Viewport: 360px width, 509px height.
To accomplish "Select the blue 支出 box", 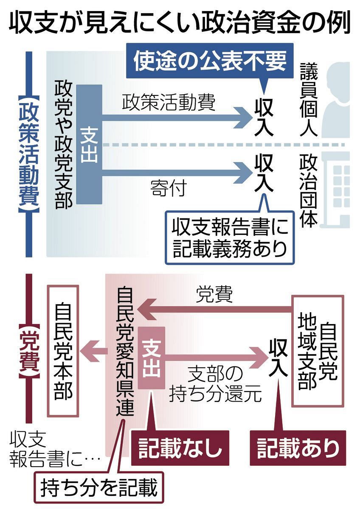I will (x=90, y=144).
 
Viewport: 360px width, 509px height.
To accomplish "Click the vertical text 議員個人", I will (x=309, y=100).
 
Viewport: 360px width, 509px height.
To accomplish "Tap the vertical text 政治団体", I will (x=309, y=191).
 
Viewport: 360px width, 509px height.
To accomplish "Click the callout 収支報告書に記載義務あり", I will (x=230, y=238).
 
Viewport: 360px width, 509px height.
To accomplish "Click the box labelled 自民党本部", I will (x=63, y=350).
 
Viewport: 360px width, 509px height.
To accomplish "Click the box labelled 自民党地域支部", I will (x=317, y=350).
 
